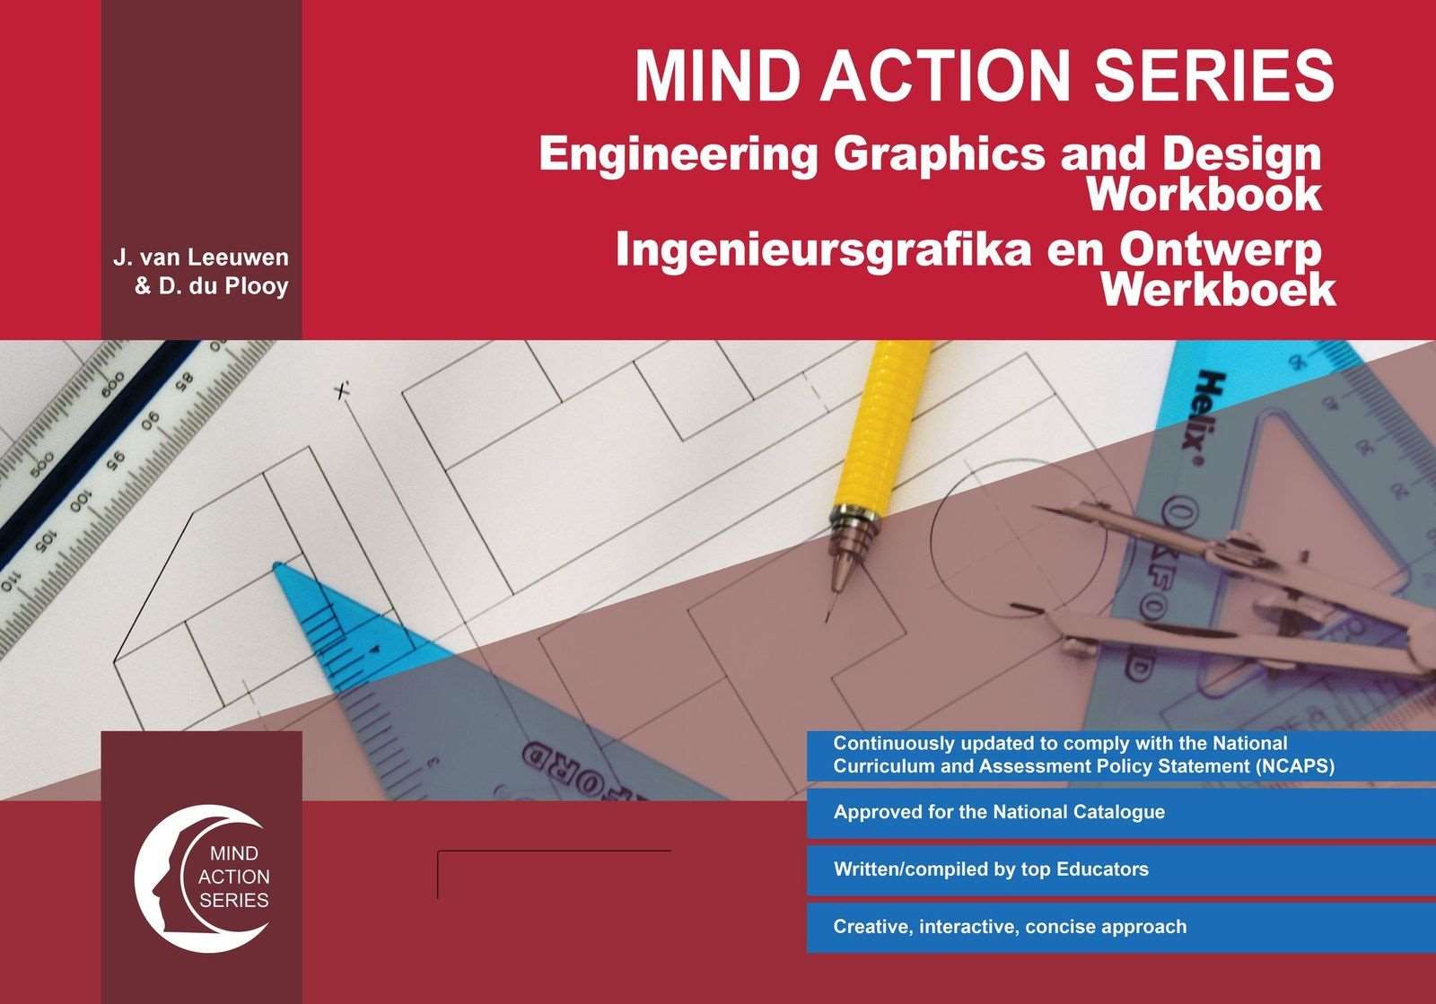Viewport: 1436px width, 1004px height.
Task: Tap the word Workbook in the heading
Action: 1204,195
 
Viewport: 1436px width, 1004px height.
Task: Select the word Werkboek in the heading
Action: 1218,290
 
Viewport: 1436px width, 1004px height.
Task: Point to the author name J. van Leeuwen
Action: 201,258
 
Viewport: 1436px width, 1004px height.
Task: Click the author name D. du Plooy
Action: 212,287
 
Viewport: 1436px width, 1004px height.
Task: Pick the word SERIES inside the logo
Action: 233,900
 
